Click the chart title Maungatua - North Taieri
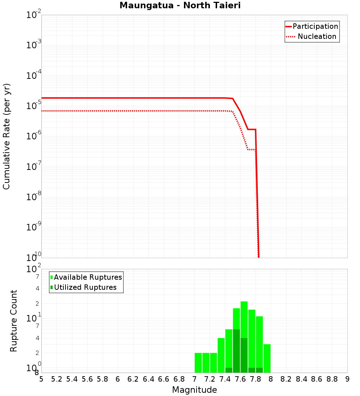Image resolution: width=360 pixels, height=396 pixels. pyautogui.click(x=180, y=6)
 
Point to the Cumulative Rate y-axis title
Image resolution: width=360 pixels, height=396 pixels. pyautogui.click(x=6, y=136)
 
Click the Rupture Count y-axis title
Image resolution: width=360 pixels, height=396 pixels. pyautogui.click(x=14, y=320)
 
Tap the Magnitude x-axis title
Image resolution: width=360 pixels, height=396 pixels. pyautogui.click(x=194, y=390)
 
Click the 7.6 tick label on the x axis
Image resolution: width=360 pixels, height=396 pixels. pyautogui.click(x=240, y=379)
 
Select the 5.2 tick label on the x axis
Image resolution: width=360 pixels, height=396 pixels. pyautogui.click(x=57, y=379)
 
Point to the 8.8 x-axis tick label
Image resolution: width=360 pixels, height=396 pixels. pyautogui.click(x=332, y=379)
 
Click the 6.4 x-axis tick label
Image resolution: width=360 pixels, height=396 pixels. pyautogui.click(x=148, y=379)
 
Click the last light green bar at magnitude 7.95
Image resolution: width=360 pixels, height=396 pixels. pyautogui.click(x=267, y=358)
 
